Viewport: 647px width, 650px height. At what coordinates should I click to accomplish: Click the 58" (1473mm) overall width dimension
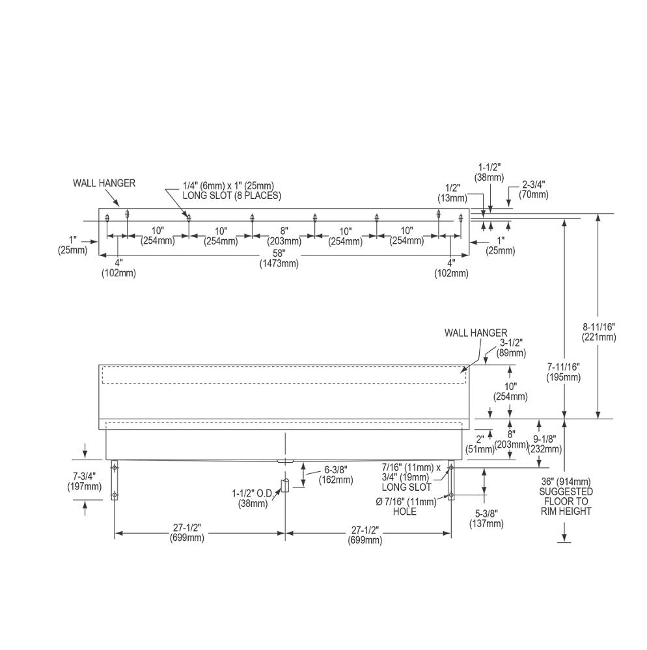click(x=279, y=258)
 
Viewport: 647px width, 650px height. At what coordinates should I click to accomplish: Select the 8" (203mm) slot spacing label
click(x=284, y=235)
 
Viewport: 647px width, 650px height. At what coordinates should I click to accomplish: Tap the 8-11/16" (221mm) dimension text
click(x=598, y=332)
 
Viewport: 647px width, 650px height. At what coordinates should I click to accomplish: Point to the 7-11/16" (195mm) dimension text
click(x=563, y=372)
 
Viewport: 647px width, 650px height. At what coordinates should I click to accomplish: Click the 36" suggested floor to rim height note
click(x=565, y=496)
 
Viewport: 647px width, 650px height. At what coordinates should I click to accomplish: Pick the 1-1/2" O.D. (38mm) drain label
click(x=252, y=499)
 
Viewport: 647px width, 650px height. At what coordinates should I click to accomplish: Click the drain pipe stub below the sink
click(x=284, y=485)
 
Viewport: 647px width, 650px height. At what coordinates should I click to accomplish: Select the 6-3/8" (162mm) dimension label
click(x=336, y=474)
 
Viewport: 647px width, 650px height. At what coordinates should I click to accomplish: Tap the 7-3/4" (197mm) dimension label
click(x=84, y=481)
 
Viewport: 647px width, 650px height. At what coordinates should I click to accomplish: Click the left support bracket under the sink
click(x=114, y=480)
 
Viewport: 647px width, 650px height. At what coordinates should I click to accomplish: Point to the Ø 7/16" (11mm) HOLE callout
click(x=406, y=506)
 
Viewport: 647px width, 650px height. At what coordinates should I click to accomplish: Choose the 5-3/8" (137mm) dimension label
click(x=486, y=519)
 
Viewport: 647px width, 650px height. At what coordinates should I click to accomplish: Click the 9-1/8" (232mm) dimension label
click(x=545, y=443)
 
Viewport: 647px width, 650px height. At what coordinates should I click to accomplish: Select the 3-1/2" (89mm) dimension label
click(x=512, y=348)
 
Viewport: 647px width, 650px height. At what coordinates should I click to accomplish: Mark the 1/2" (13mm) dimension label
click(x=452, y=193)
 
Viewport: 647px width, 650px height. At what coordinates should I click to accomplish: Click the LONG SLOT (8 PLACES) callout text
click(x=232, y=196)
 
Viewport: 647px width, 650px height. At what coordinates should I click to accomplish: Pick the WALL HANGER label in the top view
click(x=104, y=183)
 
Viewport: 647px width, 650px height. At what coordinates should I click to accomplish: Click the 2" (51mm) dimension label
click(x=480, y=444)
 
